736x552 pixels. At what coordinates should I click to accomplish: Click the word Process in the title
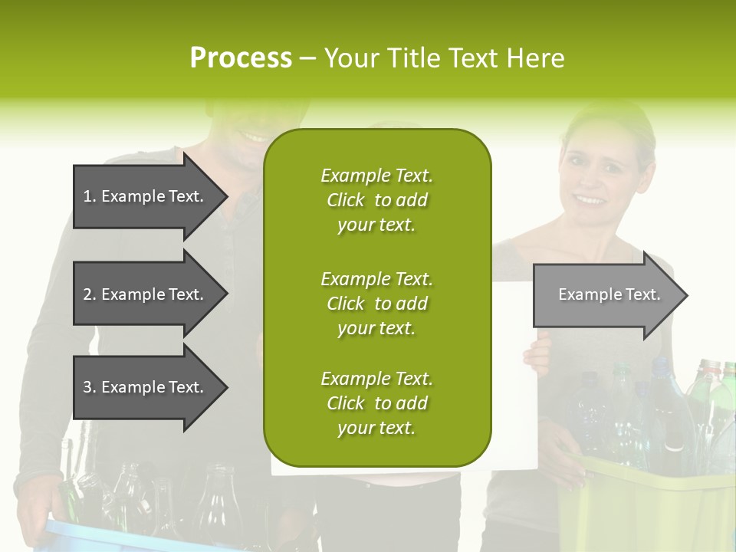click(241, 58)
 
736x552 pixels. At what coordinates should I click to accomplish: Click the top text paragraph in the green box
click(376, 200)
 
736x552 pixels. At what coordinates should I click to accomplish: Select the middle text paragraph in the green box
click(376, 304)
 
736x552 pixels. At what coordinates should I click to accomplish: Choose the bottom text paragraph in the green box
click(376, 403)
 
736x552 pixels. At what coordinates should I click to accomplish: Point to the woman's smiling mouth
click(590, 200)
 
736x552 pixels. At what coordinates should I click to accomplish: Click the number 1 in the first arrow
click(87, 196)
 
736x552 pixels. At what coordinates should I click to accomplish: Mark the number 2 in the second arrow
click(87, 294)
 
